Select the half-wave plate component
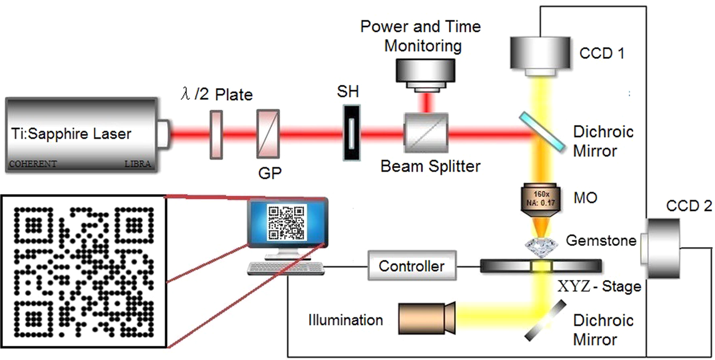tap(216, 134)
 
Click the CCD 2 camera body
tap(663, 242)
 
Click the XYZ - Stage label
tap(600, 287)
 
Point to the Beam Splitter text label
tap(431, 166)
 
